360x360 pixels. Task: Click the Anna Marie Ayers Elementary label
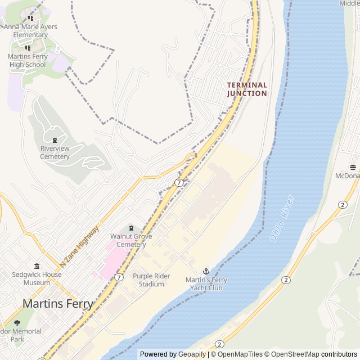(30, 30)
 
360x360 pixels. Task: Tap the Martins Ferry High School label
(27, 60)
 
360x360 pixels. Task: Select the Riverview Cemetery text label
(55, 152)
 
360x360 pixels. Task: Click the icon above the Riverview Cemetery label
(55, 140)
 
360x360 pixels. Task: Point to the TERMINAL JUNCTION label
(247, 89)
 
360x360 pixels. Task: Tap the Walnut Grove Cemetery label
(131, 240)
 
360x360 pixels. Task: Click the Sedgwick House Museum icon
(37, 266)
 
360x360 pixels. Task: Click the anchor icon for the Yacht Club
(206, 271)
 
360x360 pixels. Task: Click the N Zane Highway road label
(79, 246)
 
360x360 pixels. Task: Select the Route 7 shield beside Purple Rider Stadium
(119, 277)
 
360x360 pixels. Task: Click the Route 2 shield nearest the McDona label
(343, 204)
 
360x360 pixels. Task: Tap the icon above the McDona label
(353, 167)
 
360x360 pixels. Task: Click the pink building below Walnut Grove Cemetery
(112, 262)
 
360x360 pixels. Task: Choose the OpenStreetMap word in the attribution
(292, 354)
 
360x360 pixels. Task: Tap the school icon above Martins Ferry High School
(27, 48)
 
